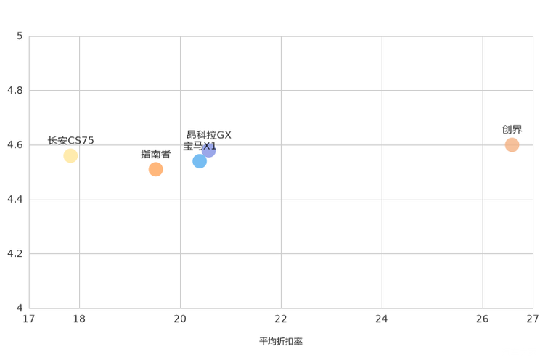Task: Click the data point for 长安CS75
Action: (70, 156)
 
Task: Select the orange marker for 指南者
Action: (155, 169)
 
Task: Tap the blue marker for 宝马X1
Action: (200, 161)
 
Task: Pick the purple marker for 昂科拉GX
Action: (209, 150)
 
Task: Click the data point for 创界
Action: (512, 144)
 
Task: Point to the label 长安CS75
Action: (70, 141)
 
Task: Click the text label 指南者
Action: (155, 154)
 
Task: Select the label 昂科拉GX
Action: (209, 135)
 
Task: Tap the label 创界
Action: (512, 129)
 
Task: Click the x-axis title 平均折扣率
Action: (281, 341)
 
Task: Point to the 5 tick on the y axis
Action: (20, 36)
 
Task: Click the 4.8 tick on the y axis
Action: (15, 90)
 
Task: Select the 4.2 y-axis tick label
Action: (15, 253)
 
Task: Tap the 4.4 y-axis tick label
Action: (15, 199)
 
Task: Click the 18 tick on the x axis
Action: (79, 319)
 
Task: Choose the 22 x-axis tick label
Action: (281, 319)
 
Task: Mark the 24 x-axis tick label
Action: (382, 319)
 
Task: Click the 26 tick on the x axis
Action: (483, 319)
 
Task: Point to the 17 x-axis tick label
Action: (29, 319)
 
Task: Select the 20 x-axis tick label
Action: (180, 319)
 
